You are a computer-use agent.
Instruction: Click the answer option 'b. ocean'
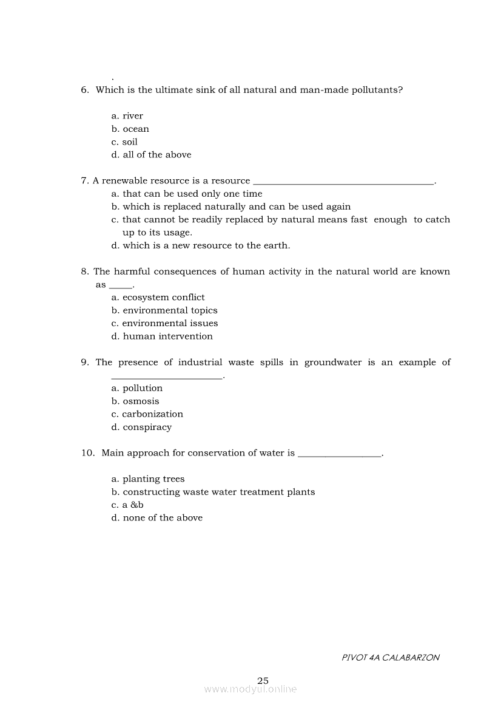(x=130, y=129)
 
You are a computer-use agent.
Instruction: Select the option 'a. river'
(x=127, y=116)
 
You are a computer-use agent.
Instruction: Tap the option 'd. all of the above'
(x=151, y=155)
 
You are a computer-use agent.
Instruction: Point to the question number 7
(x=85, y=181)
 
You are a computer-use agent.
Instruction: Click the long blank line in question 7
(x=343, y=182)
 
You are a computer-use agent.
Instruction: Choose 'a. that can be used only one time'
(x=187, y=194)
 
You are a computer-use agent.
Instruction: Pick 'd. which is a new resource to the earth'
(x=201, y=245)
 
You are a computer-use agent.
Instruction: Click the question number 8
(x=85, y=271)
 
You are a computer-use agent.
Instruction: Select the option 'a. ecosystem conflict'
(x=158, y=297)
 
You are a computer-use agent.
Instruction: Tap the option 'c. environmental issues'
(x=164, y=323)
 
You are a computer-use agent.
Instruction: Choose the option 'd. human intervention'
(x=162, y=336)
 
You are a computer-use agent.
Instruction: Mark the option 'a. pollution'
(x=137, y=388)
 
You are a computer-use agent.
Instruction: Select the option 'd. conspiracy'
(x=141, y=427)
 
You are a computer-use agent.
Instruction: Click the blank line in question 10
(x=340, y=454)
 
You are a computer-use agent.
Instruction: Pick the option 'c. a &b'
(x=127, y=505)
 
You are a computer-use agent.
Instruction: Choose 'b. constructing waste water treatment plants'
(x=213, y=492)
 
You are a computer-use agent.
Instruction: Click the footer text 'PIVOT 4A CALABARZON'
(x=391, y=657)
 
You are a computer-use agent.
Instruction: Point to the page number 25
(x=263, y=680)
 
